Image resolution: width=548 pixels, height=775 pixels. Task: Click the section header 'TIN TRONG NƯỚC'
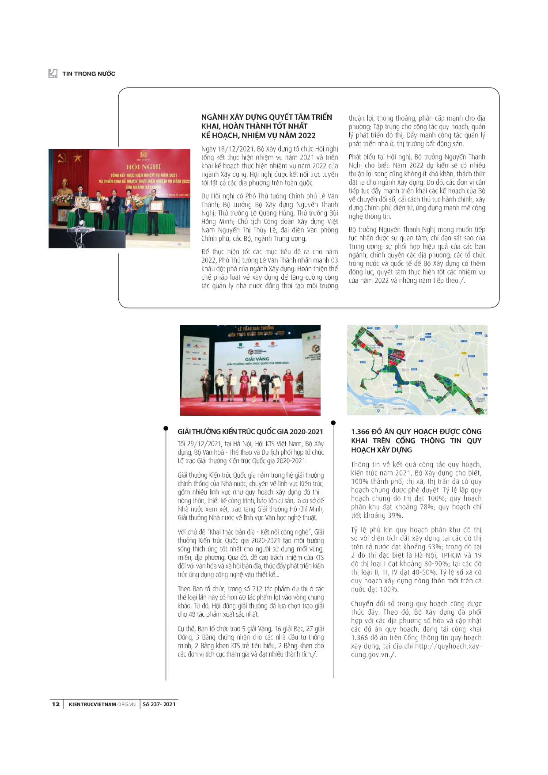click(88, 74)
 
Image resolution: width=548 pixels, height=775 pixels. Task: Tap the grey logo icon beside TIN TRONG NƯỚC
click(53, 73)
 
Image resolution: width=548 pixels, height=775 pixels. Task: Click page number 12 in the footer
click(56, 704)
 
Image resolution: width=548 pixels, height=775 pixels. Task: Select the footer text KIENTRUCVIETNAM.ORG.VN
click(102, 704)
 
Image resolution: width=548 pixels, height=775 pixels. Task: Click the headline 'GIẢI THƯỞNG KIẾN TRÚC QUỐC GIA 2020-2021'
click(250, 432)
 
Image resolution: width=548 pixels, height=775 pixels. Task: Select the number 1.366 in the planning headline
click(360, 432)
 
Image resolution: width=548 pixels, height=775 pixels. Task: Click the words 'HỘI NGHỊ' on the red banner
click(144, 167)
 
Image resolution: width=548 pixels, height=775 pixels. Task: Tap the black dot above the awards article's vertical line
click(166, 428)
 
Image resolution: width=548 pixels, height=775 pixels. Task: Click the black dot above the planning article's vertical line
click(333, 423)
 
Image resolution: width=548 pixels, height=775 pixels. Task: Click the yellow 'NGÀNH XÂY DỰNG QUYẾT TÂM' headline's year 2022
click(306, 136)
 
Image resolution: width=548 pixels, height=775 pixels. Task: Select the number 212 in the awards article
click(257, 589)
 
